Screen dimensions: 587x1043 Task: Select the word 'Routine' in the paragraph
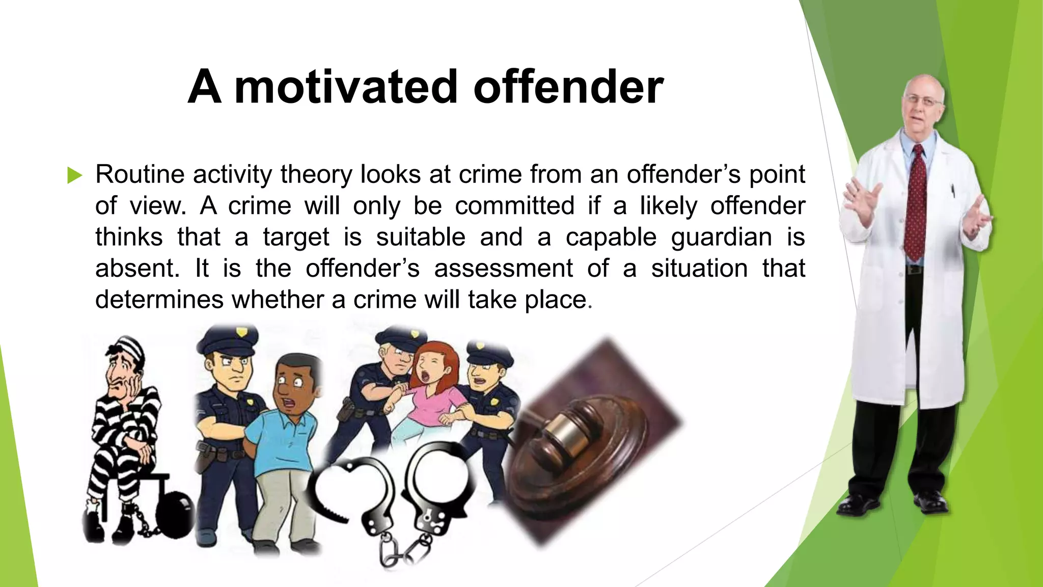140,175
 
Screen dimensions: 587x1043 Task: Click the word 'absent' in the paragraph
135,269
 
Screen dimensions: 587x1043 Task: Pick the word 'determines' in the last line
159,300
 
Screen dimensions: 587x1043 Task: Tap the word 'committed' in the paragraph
514,206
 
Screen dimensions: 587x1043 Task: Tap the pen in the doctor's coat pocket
952,192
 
